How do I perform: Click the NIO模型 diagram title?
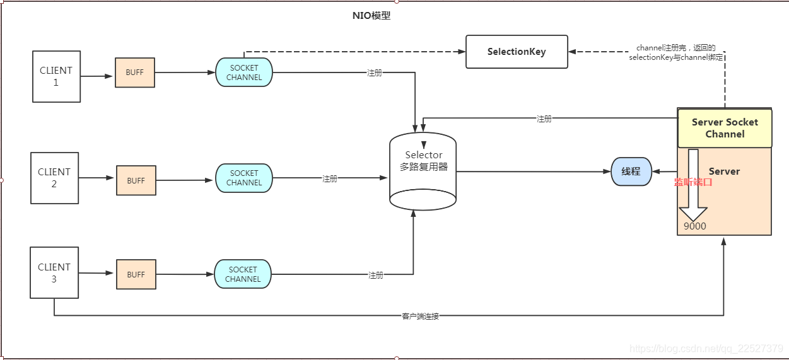(371, 16)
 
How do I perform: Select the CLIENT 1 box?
(56, 76)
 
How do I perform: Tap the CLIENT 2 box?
(54, 178)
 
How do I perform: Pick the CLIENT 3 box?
(54, 273)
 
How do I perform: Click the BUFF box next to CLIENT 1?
(134, 73)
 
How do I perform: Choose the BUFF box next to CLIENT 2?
(136, 180)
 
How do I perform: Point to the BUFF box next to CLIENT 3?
(136, 274)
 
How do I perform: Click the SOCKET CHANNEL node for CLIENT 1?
(244, 73)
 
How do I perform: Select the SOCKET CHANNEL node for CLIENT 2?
(244, 178)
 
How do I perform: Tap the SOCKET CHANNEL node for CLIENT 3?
(243, 274)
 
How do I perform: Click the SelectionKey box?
(517, 52)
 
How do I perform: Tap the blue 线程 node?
(631, 171)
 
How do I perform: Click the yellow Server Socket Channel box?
(725, 128)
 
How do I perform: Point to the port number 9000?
(694, 226)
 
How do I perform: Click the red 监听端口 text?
(693, 182)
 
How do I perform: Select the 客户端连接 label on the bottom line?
(420, 316)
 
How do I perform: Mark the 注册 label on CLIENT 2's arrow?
(330, 178)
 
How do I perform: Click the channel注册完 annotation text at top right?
(675, 52)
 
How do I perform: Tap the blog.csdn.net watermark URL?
(706, 349)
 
